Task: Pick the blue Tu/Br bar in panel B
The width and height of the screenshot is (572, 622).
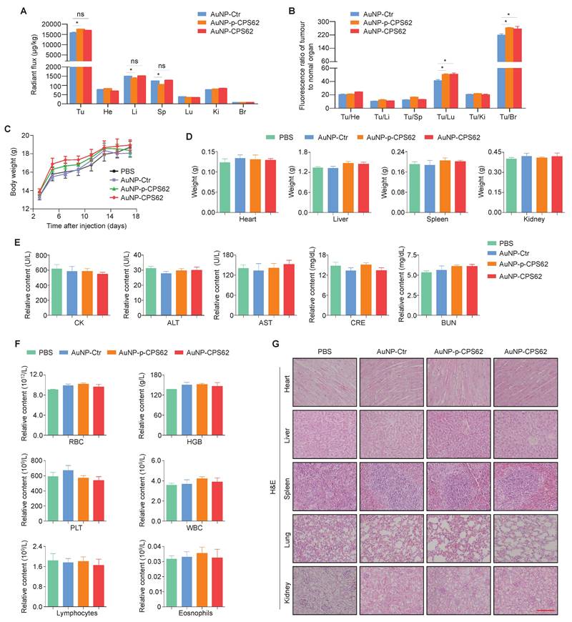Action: coord(500,71)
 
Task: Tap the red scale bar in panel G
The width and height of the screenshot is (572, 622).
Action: coord(545,610)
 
